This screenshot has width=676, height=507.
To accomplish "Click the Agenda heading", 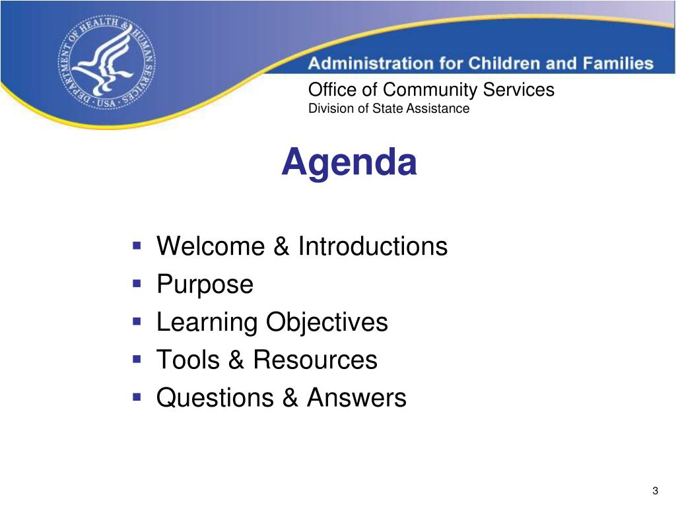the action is (349, 162).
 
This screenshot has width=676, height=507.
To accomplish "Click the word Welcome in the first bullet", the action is (211, 246).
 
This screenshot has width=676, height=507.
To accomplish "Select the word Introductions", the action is (373, 246).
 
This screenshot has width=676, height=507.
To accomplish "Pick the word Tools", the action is (188, 360).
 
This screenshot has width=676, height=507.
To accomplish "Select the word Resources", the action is (315, 360).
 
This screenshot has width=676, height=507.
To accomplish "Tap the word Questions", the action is (215, 397).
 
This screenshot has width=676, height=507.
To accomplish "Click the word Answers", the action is (356, 397).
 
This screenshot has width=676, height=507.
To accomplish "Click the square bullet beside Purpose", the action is (137, 284).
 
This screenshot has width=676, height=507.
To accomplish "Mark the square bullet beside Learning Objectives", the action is (137, 321).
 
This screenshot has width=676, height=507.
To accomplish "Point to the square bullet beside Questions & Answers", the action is (137, 397).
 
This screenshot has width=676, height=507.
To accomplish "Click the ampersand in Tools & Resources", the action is (236, 360).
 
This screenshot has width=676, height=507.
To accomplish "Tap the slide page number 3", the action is (656, 490).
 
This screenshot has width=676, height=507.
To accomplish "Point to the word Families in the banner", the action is (618, 63).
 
